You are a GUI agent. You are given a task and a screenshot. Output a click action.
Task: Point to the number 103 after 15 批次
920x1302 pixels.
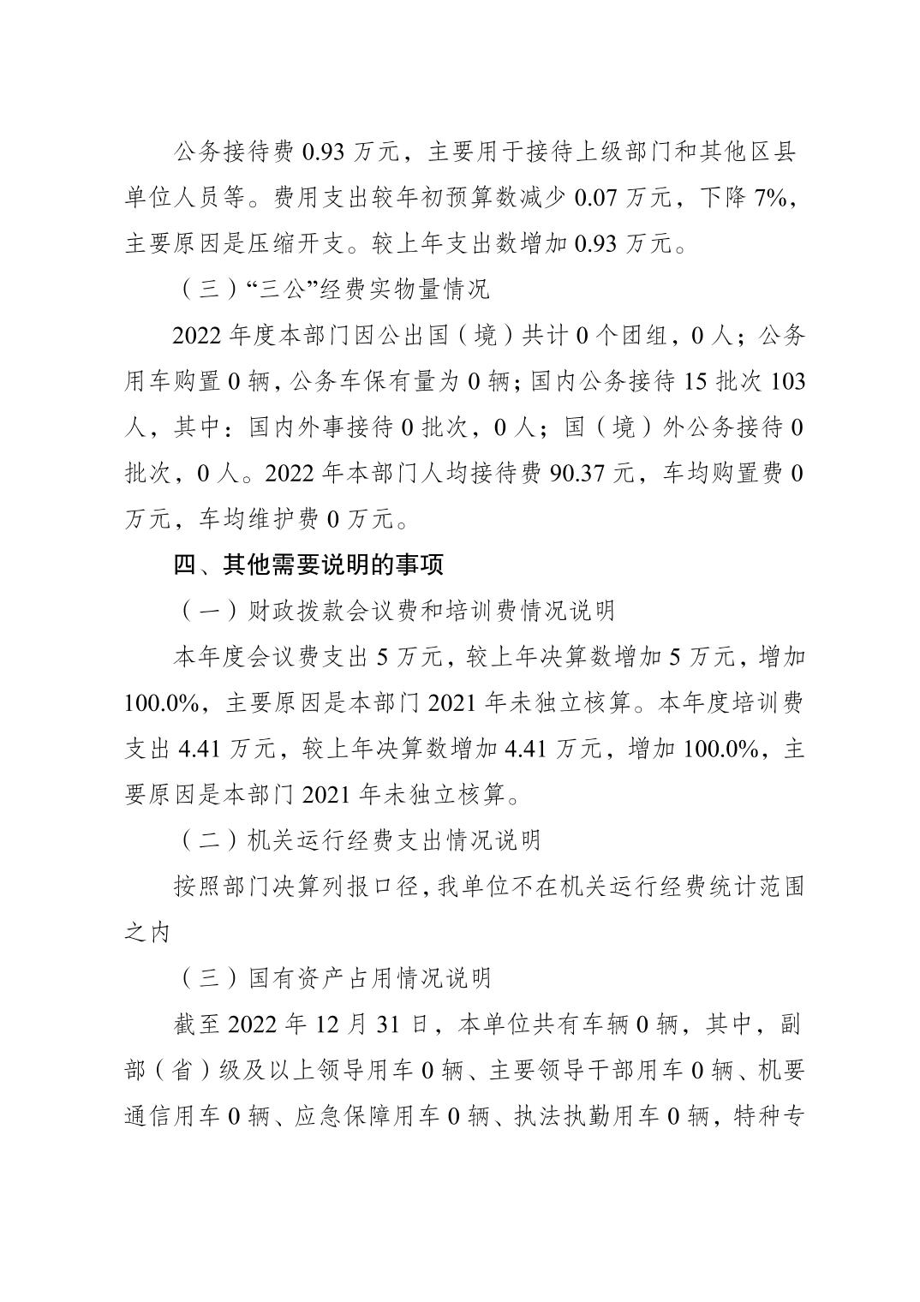[788, 381]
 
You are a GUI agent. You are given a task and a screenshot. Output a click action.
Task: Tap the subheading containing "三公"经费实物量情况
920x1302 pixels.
[334, 290]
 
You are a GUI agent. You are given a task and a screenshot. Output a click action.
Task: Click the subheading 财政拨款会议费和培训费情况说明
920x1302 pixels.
[397, 611]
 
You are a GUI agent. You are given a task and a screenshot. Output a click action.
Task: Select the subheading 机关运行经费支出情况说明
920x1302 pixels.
[372, 840]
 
